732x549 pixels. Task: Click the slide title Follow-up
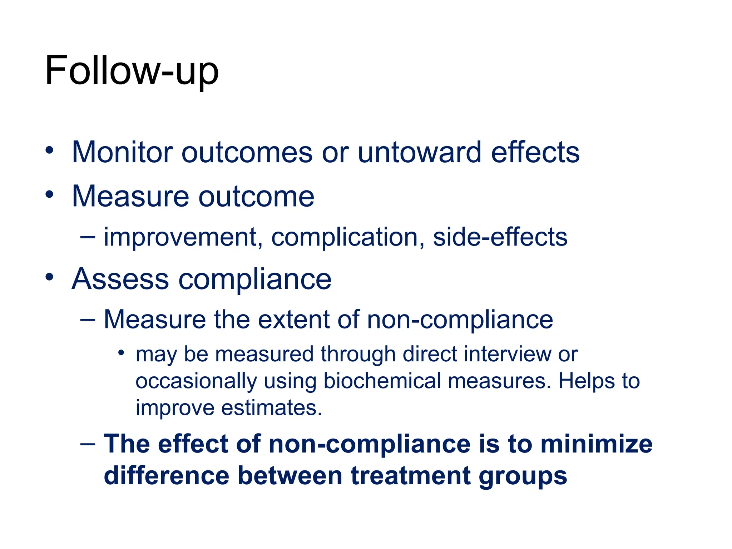pyautogui.click(x=132, y=70)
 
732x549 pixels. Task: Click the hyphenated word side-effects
pyautogui.click(x=500, y=237)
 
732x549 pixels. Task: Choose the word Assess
pyautogui.click(x=120, y=279)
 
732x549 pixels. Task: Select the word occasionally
pyautogui.click(x=196, y=381)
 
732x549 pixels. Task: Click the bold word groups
pyautogui.click(x=523, y=477)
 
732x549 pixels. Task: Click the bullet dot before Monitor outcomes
pyautogui.click(x=49, y=150)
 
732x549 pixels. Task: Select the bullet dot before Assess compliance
pyautogui.click(x=49, y=277)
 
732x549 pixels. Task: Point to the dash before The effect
pyautogui.click(x=88, y=444)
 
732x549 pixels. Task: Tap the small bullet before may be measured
pyautogui.click(x=121, y=353)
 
